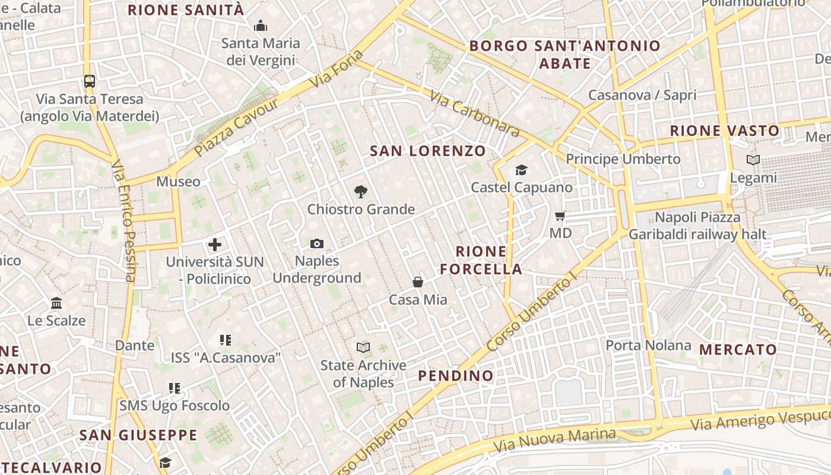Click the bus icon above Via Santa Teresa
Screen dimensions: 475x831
[x=89, y=81]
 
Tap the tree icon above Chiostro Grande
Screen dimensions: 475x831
[x=360, y=191]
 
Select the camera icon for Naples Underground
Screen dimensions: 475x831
[x=317, y=243]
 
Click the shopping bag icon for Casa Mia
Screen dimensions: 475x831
[x=418, y=282]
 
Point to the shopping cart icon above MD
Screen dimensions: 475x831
[x=560, y=216]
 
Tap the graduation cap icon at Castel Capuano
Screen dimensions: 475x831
[x=521, y=170]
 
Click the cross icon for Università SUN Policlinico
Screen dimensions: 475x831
[x=215, y=244]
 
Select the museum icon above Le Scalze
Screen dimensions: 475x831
[x=56, y=303]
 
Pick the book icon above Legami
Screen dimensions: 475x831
[x=753, y=160]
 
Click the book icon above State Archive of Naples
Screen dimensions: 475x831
[x=363, y=347]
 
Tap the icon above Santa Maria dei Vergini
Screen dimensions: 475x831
[x=260, y=26]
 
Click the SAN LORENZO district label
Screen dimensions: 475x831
[x=428, y=151]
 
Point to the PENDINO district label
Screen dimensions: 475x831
[x=455, y=375]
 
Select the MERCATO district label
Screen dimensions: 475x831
[x=738, y=350]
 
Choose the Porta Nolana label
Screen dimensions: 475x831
[x=648, y=345]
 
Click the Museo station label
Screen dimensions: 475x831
[x=178, y=181]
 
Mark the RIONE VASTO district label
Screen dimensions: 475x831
[x=724, y=131]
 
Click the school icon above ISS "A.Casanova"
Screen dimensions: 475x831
[x=225, y=340]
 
